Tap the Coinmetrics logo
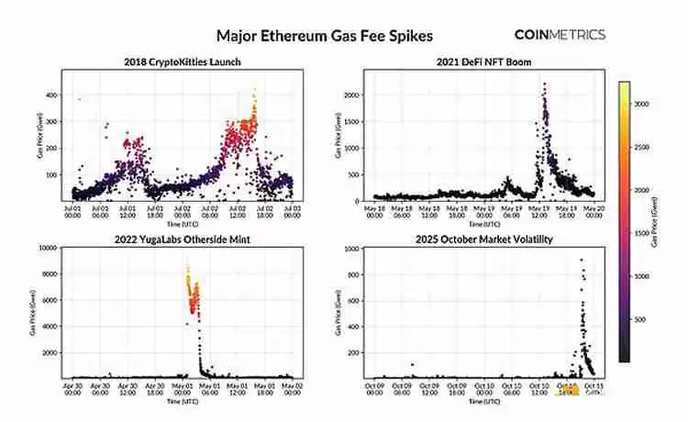click(559, 35)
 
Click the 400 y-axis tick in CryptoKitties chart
click(51, 95)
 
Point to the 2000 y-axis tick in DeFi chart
click(353, 95)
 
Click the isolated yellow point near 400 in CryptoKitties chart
click(79, 99)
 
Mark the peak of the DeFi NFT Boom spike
click(544, 84)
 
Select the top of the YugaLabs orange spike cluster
click(187, 267)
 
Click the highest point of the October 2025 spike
click(581, 261)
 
